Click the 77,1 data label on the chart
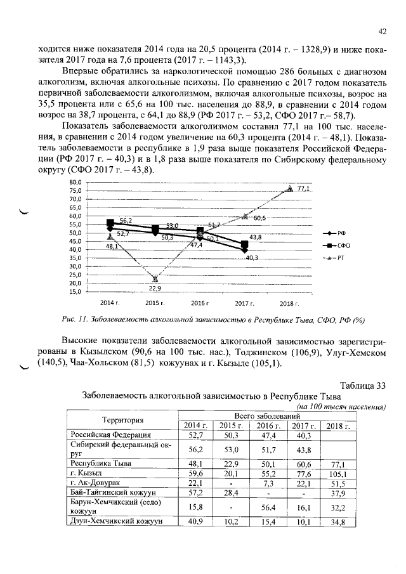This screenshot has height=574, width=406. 303,189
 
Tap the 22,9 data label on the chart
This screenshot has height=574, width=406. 155,288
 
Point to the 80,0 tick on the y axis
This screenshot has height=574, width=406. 74,182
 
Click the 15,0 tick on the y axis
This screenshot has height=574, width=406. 74,292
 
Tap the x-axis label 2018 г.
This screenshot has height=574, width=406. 289,304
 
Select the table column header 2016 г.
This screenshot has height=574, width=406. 266,425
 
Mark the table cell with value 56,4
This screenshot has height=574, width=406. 266,507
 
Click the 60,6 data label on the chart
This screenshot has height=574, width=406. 259,218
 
